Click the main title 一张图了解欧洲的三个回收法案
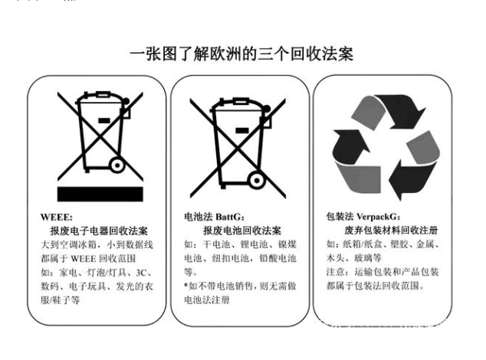coord(241,54)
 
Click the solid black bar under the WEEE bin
coord(100,194)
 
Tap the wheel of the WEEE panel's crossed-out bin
coord(117,165)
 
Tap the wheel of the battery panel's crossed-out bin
coord(257,181)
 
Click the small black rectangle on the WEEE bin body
coord(103,120)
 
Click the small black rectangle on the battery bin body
coord(242,130)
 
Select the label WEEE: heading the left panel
coord(57,218)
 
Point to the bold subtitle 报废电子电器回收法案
coord(99,231)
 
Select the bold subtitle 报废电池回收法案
coord(242,231)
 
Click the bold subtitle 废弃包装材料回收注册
coord(391,231)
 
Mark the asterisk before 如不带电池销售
coord(186,285)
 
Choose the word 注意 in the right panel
coord(335,272)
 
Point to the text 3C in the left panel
coord(141,273)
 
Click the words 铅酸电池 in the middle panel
coord(277,258)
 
